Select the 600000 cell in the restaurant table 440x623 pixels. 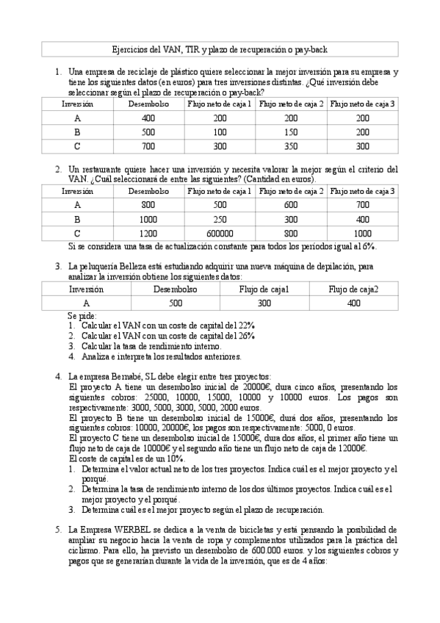219,234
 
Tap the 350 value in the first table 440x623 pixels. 291,146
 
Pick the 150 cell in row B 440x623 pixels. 291,132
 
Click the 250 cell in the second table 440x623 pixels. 219,220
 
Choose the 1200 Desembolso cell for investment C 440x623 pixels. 148,234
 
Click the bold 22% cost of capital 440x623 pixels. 247,325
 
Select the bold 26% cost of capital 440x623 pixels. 247,335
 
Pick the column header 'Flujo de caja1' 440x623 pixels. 264,289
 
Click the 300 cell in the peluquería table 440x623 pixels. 264,303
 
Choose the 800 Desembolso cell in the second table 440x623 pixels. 148,206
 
